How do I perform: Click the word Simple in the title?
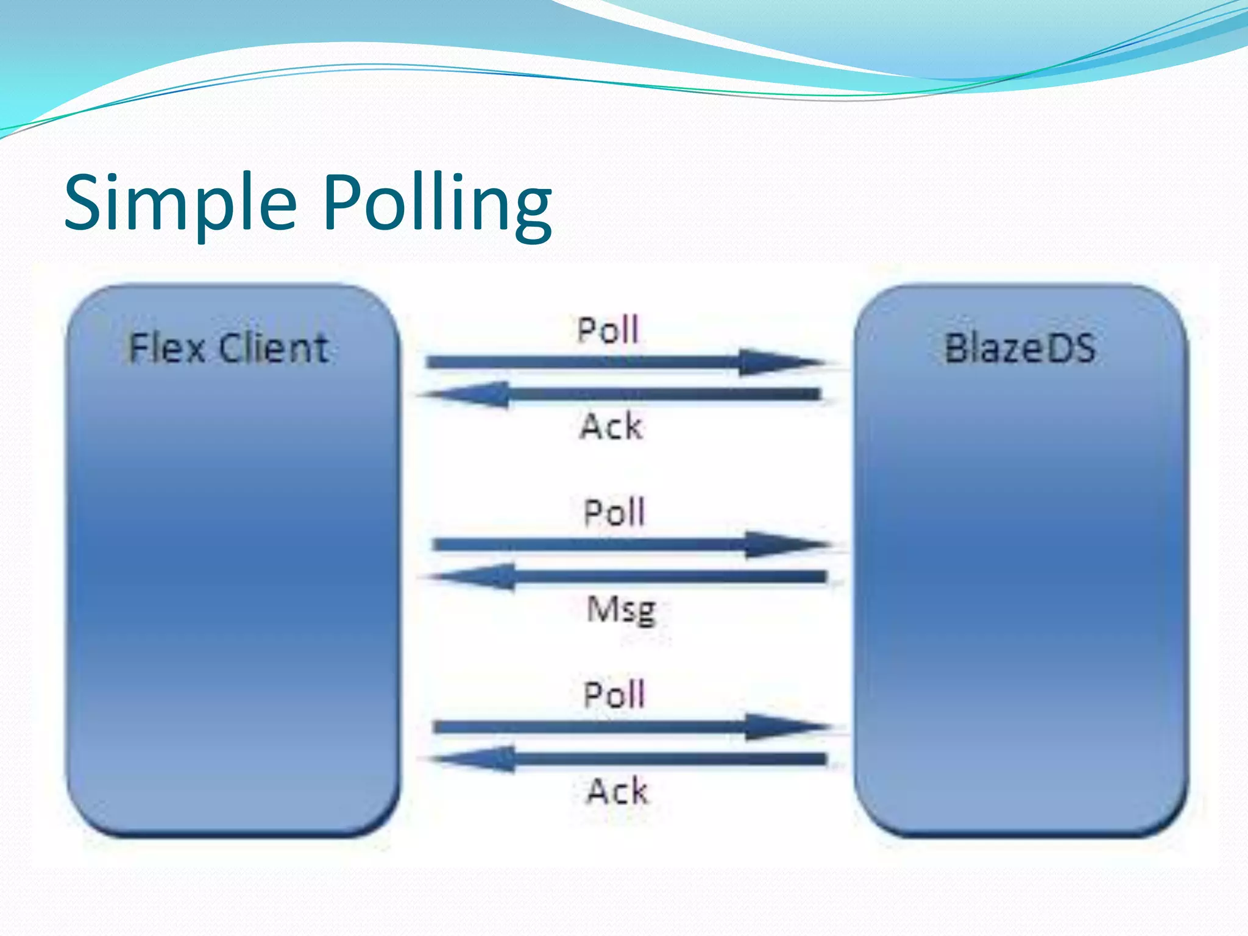(x=180, y=203)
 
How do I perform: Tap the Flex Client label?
(x=229, y=349)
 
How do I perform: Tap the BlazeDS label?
(x=1019, y=349)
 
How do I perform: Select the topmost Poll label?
(x=608, y=330)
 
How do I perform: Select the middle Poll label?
(x=614, y=512)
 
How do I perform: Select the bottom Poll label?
(x=614, y=694)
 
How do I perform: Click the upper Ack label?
(x=611, y=426)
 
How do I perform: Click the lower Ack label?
(x=617, y=791)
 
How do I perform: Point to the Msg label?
(x=621, y=609)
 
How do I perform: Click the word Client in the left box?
(x=274, y=349)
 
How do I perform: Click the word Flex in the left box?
(x=166, y=349)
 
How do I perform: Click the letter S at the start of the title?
(x=85, y=203)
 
